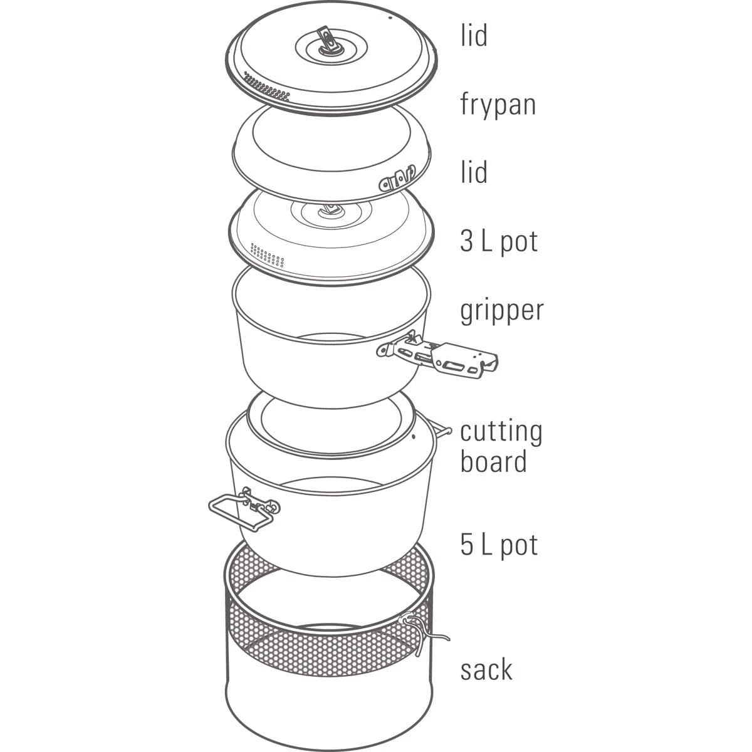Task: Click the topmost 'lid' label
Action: point(474,36)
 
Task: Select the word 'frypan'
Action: point(498,105)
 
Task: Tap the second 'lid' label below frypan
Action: point(474,172)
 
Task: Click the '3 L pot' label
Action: point(499,242)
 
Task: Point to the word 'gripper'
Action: point(502,311)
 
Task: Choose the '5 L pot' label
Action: point(499,545)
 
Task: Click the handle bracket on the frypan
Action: point(397,179)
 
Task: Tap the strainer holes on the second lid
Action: point(267,255)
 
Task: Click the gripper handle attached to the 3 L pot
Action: point(437,354)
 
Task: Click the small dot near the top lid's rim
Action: point(390,18)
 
